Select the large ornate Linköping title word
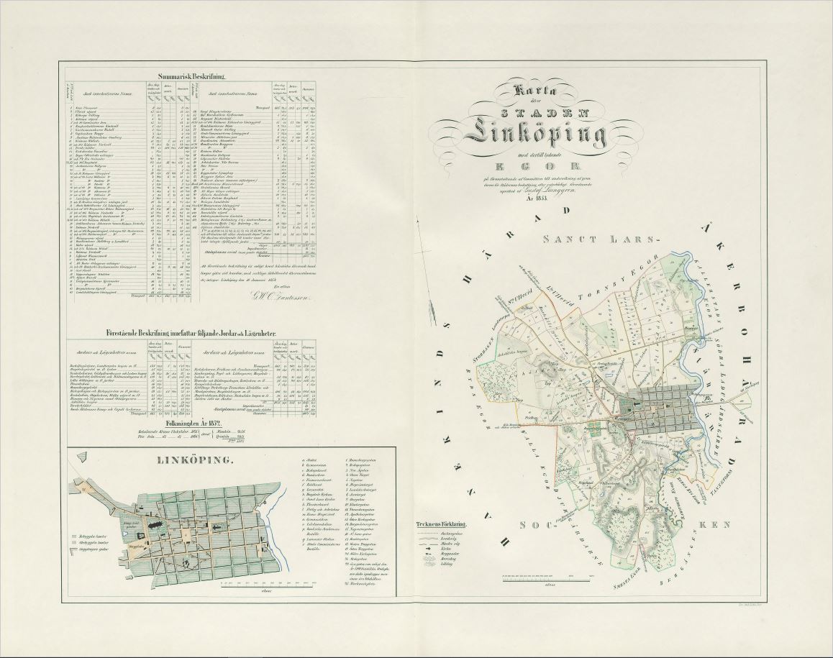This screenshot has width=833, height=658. coord(536,133)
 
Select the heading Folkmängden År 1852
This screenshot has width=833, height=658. coord(194,424)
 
